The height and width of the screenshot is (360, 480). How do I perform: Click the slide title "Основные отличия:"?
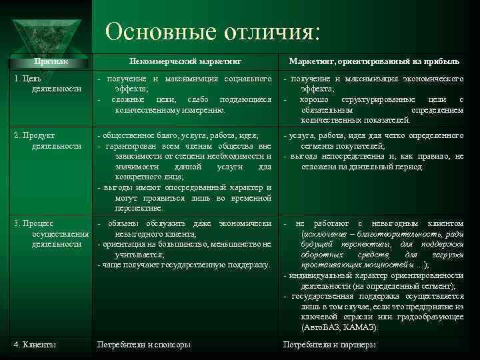[x=213, y=31]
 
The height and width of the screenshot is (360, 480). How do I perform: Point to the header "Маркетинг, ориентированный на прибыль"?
[x=374, y=61]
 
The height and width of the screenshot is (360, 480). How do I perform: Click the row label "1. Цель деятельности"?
[x=47, y=83]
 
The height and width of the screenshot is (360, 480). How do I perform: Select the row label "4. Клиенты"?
[x=35, y=345]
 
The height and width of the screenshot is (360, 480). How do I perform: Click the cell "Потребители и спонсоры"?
[x=143, y=345]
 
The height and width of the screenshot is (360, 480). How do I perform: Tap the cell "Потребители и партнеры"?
[x=329, y=345]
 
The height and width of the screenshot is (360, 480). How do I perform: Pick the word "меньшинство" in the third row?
[x=235, y=244]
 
